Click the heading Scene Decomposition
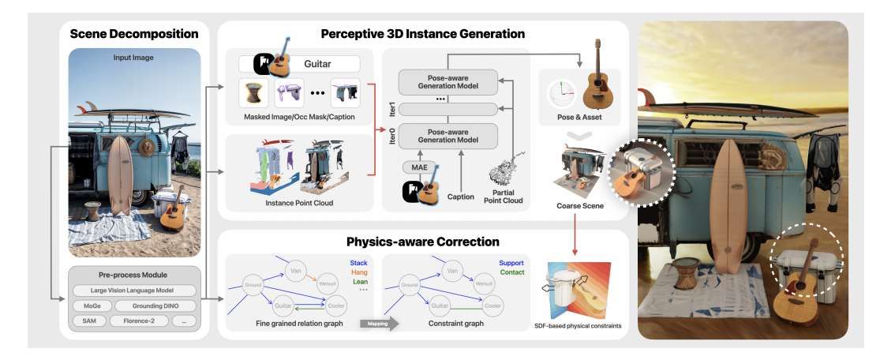coord(133,34)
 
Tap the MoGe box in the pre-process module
coord(91,306)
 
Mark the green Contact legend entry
coord(512,272)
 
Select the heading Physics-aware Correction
coord(423,241)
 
